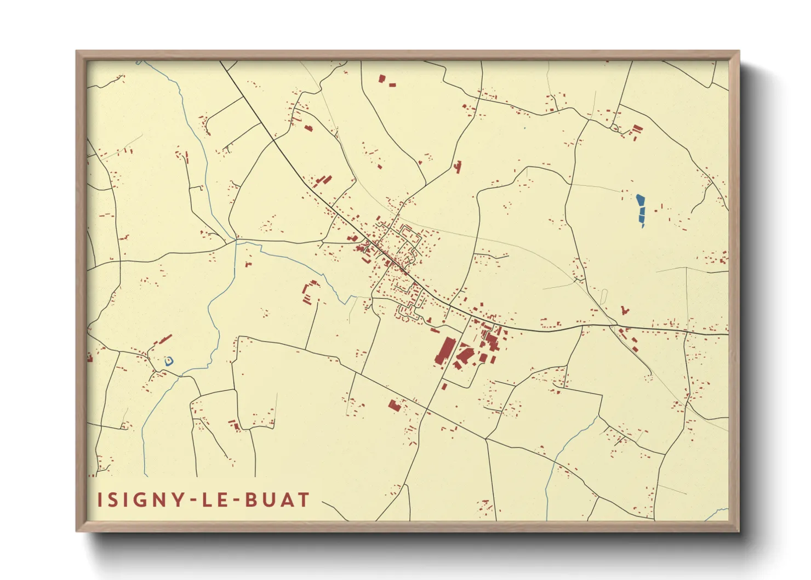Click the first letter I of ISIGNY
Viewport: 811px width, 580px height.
pos(100,500)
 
